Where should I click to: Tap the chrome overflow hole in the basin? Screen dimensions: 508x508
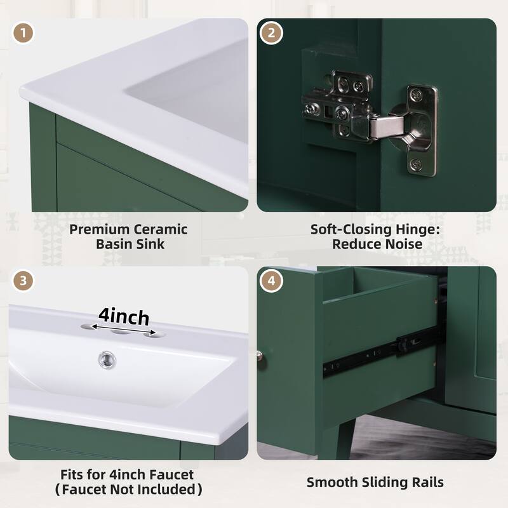[107, 360]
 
